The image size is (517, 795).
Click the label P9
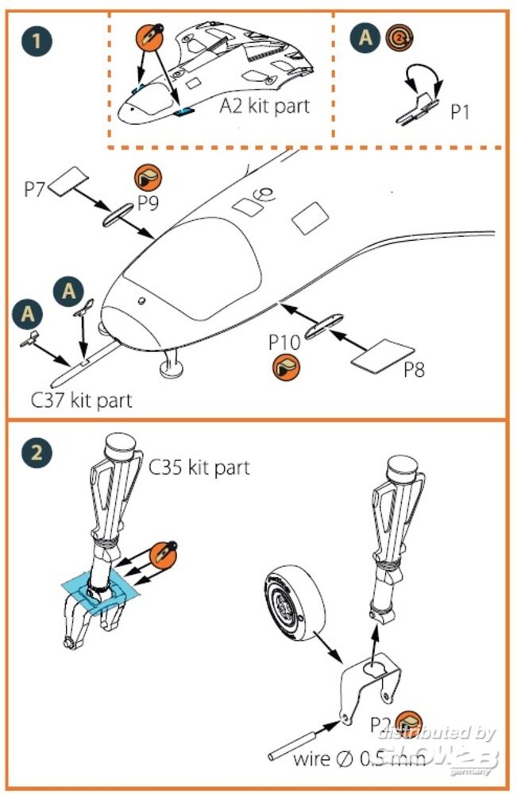[x=148, y=203]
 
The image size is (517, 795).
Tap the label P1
[x=460, y=112]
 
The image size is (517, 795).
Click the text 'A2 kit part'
[x=265, y=107]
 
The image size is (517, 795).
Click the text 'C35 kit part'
[x=199, y=467]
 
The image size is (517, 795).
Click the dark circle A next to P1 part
[x=366, y=37]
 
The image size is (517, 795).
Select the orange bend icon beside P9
[x=147, y=176]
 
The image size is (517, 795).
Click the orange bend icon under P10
[x=284, y=366]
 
